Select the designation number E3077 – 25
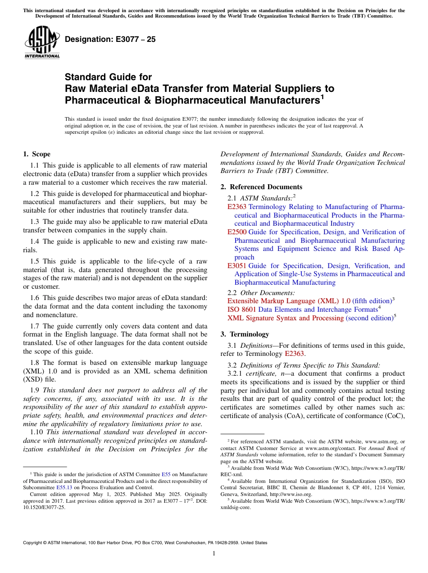pos(110,40)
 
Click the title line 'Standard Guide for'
pos(108,77)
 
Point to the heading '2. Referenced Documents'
pos(261,187)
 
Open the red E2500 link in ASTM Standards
pos(237,232)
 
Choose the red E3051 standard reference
pos(237,266)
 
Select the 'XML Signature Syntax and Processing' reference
pos(285,318)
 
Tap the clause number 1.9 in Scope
pos(35,390)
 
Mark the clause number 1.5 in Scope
pos(35,261)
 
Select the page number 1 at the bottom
pos(214,554)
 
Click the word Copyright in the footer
pos(35,543)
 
